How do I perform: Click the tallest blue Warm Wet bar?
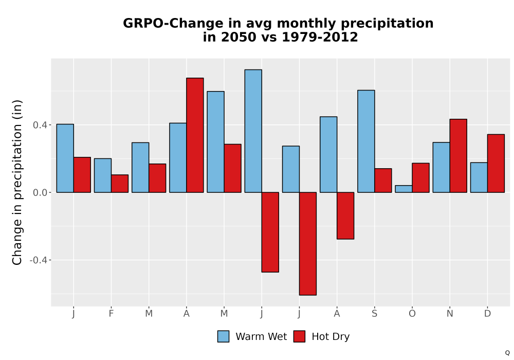tap(253, 131)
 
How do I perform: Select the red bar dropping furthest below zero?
tap(308, 244)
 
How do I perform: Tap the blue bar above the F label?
tap(103, 175)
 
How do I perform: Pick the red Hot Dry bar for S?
tap(383, 181)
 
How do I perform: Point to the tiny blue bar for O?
tap(403, 189)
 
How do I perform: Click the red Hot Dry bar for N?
tap(458, 156)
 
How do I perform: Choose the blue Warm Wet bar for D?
tap(479, 177)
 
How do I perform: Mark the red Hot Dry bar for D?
tap(496, 163)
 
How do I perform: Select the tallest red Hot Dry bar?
tap(195, 135)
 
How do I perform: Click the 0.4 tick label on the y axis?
tap(40, 125)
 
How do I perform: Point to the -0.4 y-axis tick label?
tap(38, 260)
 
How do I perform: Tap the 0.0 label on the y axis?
tap(40, 192)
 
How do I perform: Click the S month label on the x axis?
tap(374, 314)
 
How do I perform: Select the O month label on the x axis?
tap(412, 314)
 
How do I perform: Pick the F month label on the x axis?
tap(111, 314)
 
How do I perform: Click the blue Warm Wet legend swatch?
tap(223, 336)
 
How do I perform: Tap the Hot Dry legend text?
tap(331, 337)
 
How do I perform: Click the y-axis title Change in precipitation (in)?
tap(17, 182)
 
